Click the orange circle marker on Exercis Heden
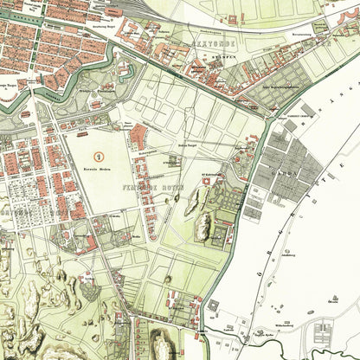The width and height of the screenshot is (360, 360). coord(100,156)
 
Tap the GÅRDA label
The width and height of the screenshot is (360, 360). coord(284,170)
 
